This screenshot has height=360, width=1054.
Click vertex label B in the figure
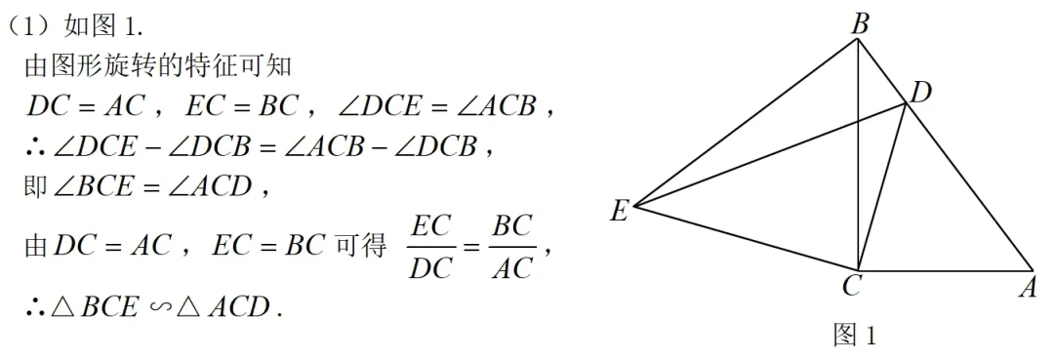pos(860,23)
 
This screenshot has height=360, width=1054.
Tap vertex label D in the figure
pos(919,93)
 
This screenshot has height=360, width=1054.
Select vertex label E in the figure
pos(619,210)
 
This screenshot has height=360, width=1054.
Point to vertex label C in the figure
pos(851,286)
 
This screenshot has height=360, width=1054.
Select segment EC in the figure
pos(747,237)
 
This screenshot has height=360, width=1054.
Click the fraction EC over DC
pos(430,247)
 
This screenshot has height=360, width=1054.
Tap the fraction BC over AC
pos(512,247)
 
